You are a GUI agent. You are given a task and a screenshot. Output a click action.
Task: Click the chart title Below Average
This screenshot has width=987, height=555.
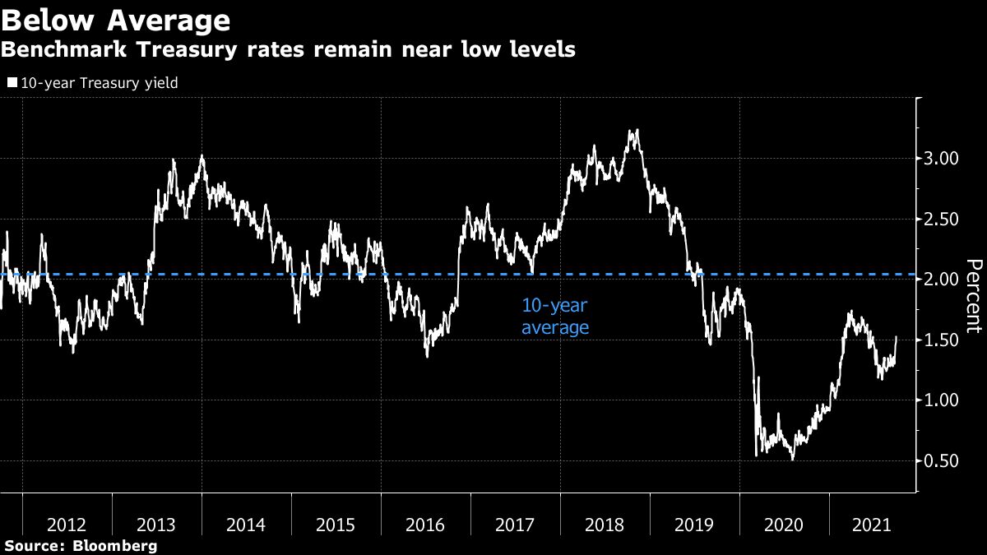tap(115, 19)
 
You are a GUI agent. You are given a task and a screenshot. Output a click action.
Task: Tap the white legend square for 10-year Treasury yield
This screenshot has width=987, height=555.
tap(12, 83)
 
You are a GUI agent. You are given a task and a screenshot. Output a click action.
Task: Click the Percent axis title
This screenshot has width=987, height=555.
tap(974, 296)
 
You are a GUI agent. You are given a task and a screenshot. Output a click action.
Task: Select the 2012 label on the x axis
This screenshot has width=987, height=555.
tap(67, 525)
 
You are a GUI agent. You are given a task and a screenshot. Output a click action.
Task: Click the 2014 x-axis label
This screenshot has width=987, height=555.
tap(247, 525)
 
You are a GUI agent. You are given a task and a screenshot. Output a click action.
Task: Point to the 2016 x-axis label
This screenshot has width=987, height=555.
tap(426, 525)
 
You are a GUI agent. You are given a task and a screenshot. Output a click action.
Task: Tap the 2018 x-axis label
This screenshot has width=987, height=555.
tap(605, 525)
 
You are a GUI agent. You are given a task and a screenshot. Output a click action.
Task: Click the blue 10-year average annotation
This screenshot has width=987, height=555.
tap(555, 317)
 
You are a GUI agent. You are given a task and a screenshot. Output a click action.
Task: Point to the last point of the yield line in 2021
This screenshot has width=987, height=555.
tap(897, 337)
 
